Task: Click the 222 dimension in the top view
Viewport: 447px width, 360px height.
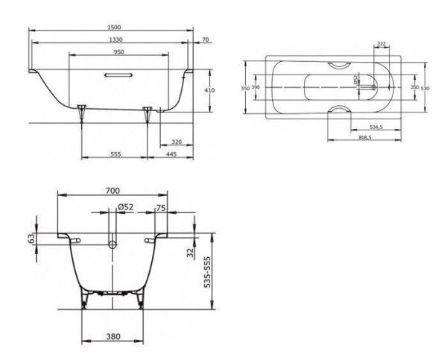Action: tap(381, 44)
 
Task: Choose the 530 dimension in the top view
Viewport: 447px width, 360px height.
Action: tap(424, 88)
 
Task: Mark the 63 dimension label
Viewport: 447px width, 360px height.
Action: tap(31, 239)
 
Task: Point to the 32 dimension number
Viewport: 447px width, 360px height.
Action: tap(190, 253)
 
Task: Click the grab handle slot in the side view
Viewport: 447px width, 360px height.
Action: tap(118, 75)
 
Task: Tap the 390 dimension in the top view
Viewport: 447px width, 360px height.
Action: tap(255, 88)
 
